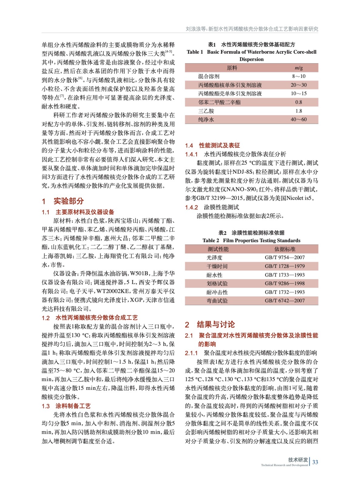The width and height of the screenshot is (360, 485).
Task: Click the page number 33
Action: (315, 462)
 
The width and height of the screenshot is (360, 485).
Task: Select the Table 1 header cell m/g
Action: (298, 68)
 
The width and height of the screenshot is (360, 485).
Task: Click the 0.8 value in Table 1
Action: (298, 102)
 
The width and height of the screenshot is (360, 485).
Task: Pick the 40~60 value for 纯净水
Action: (298, 119)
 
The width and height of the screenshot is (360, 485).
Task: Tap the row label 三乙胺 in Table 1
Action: (206, 111)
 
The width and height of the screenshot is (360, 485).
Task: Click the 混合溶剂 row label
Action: (209, 76)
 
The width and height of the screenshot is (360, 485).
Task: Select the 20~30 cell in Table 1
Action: (298, 85)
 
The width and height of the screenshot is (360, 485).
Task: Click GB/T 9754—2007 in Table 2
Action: (284, 257)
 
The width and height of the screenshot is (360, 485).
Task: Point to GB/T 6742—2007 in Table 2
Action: (284, 301)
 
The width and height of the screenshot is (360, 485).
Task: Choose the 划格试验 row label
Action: (217, 283)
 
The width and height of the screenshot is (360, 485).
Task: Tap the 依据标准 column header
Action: (284, 249)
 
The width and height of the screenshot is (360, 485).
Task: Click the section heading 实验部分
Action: (69, 201)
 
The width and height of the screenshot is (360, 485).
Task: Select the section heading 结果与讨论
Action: (216, 324)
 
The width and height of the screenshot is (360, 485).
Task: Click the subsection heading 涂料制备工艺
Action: (73, 406)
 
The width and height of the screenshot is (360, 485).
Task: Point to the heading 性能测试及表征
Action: (219, 145)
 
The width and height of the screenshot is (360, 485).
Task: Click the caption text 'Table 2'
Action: (211, 240)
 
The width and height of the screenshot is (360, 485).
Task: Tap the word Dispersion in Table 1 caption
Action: (251, 59)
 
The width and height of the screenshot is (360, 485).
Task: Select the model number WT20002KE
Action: (113, 291)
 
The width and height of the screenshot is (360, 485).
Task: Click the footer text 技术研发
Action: (298, 460)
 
